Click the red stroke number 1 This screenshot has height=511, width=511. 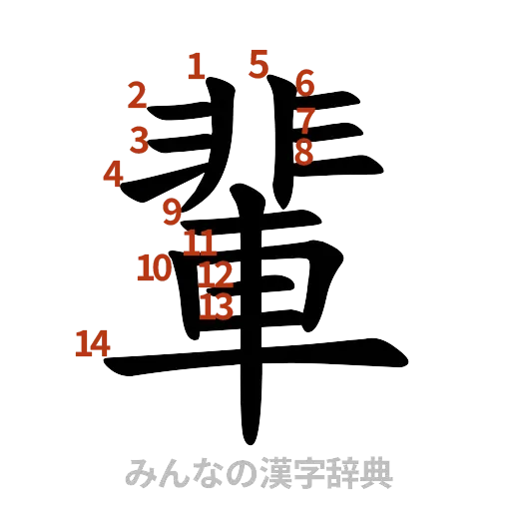click(197, 67)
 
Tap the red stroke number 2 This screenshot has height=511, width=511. click(138, 97)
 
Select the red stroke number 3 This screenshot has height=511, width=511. click(140, 139)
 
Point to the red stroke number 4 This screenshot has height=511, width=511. click(114, 175)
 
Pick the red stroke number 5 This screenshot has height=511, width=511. click(259, 64)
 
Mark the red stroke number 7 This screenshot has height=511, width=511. click(304, 120)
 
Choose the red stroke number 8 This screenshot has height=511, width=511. click(304, 152)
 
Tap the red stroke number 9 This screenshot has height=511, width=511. click(172, 212)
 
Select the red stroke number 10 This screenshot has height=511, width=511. click(153, 266)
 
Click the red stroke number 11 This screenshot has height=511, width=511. click(200, 242)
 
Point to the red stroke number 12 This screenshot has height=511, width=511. click(215, 274)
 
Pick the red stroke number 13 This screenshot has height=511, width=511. click(216, 306)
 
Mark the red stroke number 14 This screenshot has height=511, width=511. click(92, 344)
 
